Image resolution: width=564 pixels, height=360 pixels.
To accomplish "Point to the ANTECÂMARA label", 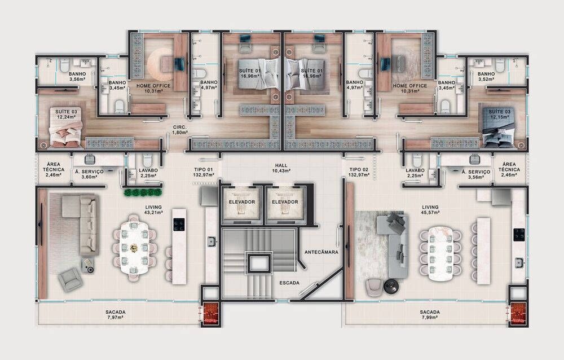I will [321, 252].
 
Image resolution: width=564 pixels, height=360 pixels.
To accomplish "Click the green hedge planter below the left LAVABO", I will [143, 192].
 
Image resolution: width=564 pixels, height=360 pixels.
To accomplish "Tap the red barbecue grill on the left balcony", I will [211, 314].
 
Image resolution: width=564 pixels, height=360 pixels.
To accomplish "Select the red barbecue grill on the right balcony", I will [517, 314].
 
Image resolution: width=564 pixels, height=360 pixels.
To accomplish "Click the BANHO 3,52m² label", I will [486, 77].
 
